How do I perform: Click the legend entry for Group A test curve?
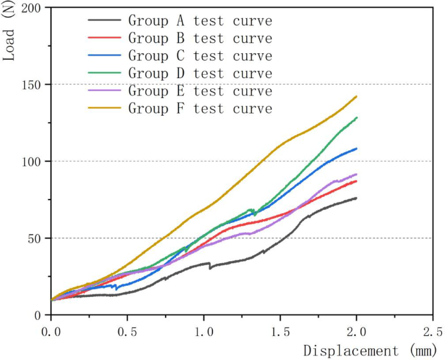pos(199,21)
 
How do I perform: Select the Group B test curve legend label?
pos(199,38)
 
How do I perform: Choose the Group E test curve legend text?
pos(199,90)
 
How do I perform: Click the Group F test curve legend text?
pos(199,108)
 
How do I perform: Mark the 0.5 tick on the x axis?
pos(127,331)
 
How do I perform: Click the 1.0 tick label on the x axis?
pos(203,331)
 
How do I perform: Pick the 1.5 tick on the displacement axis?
pos(280,331)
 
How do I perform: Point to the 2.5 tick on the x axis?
pos(433,331)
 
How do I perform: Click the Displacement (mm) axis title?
pos(360,351)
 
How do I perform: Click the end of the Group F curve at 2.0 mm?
pos(356,97)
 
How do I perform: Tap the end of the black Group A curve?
pos(356,198)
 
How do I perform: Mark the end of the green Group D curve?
pos(356,118)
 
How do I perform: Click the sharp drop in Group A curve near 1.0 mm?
pos(209,266)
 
